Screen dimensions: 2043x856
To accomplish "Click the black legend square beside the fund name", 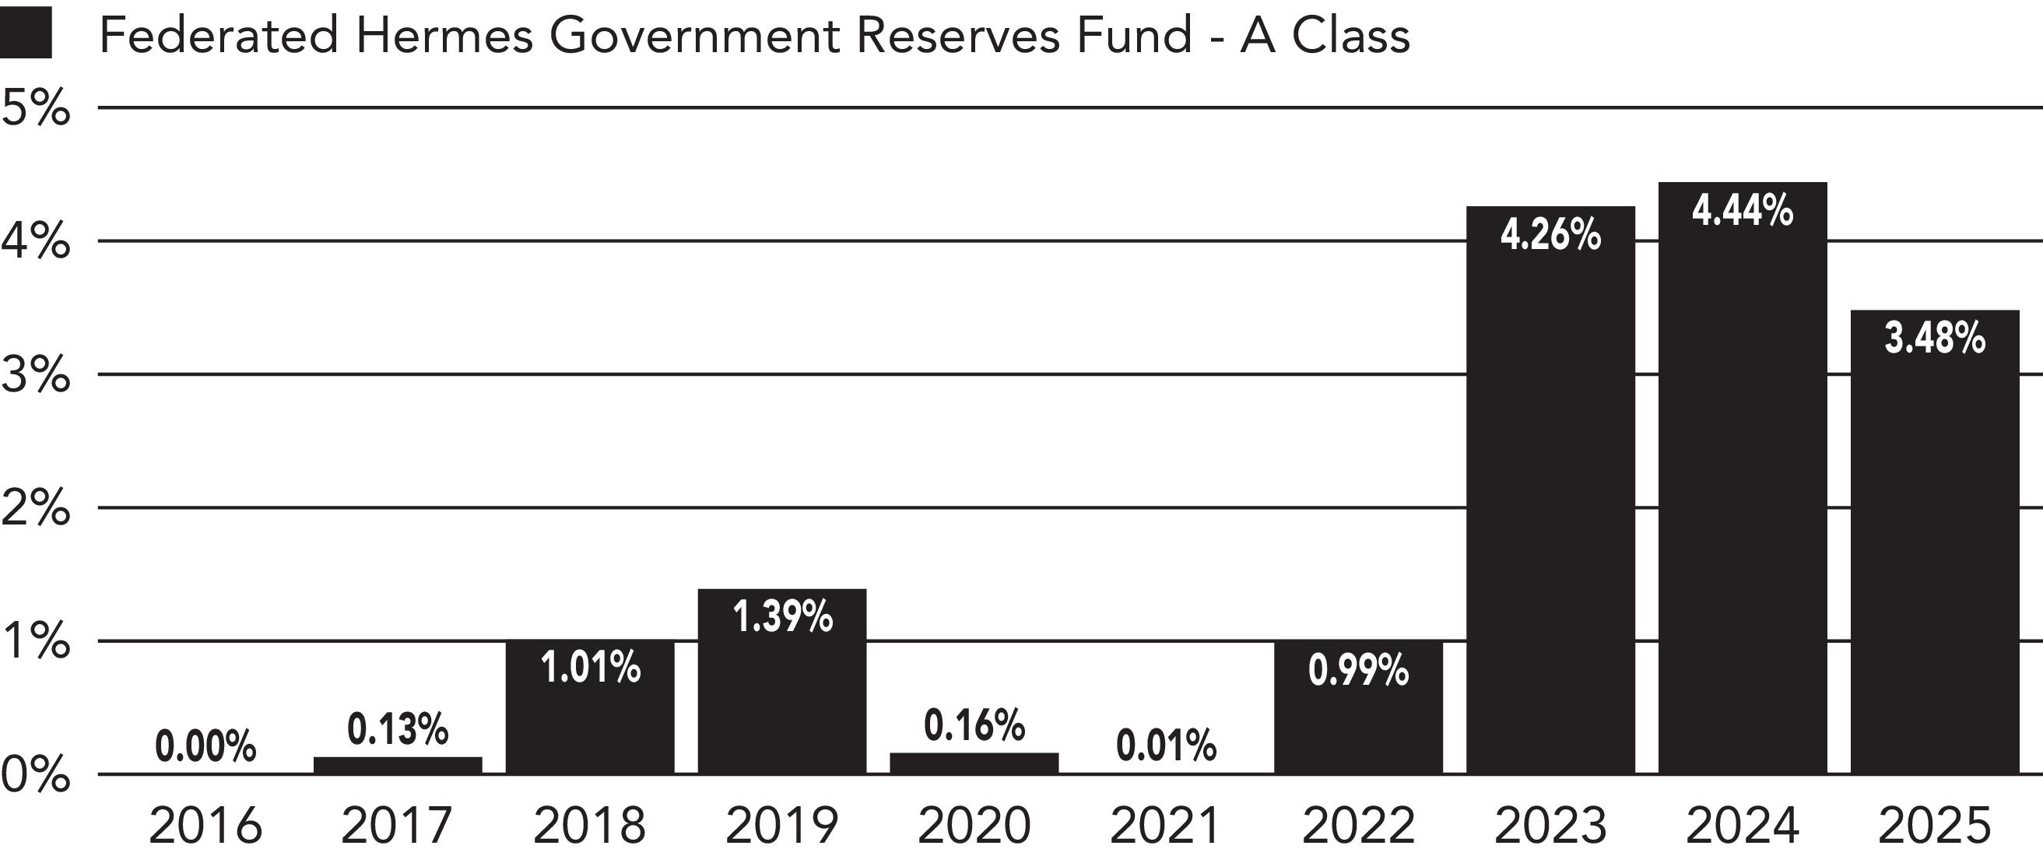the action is [26, 33].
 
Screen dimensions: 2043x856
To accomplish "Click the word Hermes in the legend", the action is [444, 35].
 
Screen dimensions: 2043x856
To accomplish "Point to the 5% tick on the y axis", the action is [36, 108].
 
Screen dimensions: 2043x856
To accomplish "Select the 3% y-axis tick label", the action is [36, 375].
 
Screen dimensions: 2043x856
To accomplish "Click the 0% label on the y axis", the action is [36, 775].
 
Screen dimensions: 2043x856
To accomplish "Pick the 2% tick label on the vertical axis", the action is [36, 508].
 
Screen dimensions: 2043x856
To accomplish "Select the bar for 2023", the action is [1550, 490].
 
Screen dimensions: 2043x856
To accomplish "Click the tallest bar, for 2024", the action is [1743, 479].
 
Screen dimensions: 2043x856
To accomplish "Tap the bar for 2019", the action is [782, 682].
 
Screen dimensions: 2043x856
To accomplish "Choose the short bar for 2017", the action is [398, 766].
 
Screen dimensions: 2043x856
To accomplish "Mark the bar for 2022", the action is [1359, 707].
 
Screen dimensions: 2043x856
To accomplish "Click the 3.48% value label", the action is [1935, 339].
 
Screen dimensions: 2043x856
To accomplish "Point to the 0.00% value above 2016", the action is [205, 746].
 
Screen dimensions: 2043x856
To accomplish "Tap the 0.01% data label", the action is [1166, 745].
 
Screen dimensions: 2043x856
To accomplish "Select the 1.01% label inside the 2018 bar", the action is [591, 667].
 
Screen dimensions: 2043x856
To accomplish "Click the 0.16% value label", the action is [974, 725].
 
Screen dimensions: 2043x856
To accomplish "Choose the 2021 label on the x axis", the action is [1165, 826].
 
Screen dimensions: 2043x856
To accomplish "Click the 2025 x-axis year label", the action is [1935, 826].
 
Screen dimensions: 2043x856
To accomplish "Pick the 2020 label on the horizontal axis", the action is [974, 826].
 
